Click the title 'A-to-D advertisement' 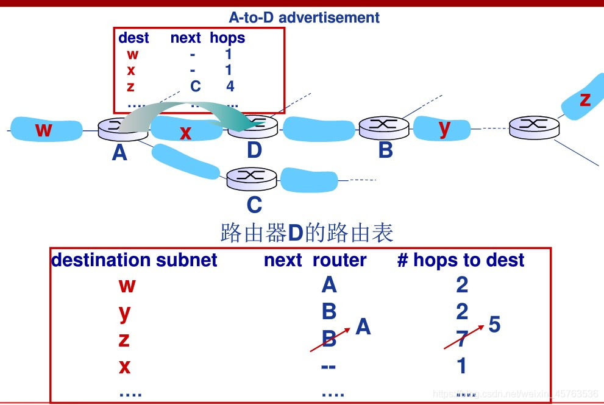pyautogui.click(x=304, y=18)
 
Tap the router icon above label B pyautogui.click(x=383, y=127)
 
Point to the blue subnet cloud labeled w pyautogui.click(x=46, y=130)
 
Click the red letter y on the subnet pyautogui.click(x=445, y=128)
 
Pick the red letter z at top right pyautogui.click(x=585, y=99)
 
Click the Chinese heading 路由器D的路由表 pyautogui.click(x=307, y=233)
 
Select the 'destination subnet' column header pyautogui.click(x=134, y=260)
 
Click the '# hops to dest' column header pyautogui.click(x=461, y=260)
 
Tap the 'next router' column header pyautogui.click(x=315, y=260)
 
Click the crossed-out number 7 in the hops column pyautogui.click(x=462, y=339)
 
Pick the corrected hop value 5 pyautogui.click(x=494, y=325)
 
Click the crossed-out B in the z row pyautogui.click(x=329, y=339)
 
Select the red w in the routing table pyautogui.click(x=127, y=285)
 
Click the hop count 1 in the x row pyautogui.click(x=462, y=365)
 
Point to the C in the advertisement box pyautogui.click(x=195, y=86)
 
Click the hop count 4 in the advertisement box pyautogui.click(x=230, y=86)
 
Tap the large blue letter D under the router pyautogui.click(x=255, y=150)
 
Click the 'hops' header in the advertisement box pyautogui.click(x=227, y=38)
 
